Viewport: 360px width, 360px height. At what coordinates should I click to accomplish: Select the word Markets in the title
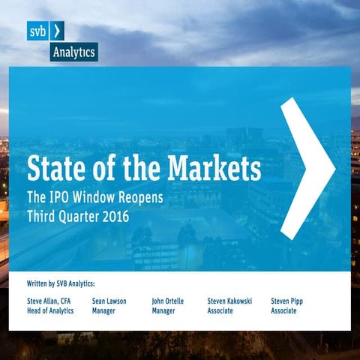(x=213, y=167)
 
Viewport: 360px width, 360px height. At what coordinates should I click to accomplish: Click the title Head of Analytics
(x=50, y=310)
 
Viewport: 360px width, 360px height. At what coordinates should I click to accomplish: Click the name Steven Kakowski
(x=229, y=301)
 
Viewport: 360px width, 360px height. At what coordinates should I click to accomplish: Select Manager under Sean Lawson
(x=104, y=310)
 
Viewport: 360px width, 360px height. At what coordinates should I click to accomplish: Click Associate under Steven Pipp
(x=284, y=310)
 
